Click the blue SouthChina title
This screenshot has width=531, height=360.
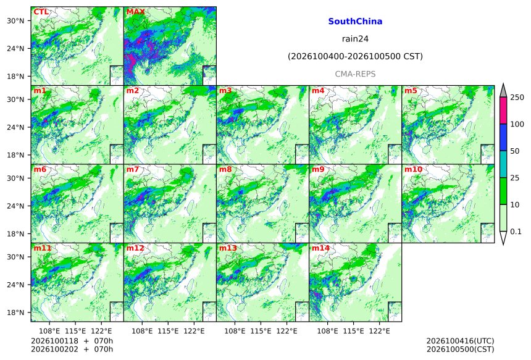click(355, 22)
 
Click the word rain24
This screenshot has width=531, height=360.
click(355, 39)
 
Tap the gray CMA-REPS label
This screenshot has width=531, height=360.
click(355, 74)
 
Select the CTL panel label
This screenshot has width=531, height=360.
click(41, 12)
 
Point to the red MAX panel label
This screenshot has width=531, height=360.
click(135, 12)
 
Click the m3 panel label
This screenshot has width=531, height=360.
click(225, 91)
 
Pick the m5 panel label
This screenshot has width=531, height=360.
click(411, 91)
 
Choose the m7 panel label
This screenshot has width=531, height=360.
click(133, 169)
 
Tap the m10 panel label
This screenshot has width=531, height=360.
click(413, 169)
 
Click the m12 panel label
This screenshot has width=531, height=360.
click(135, 248)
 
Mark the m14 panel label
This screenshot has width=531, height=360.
click(320, 248)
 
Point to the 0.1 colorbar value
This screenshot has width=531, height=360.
click(516, 232)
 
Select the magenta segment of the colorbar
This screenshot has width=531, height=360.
click(504, 111)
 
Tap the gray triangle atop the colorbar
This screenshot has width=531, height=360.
click(504, 90)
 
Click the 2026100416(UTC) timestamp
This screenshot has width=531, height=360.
click(460, 341)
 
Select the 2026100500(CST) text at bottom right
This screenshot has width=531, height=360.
click(460, 350)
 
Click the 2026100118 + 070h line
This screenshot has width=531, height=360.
click(72, 341)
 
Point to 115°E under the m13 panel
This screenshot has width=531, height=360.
click(261, 331)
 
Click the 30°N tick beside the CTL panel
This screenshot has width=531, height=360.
click(15, 21)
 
